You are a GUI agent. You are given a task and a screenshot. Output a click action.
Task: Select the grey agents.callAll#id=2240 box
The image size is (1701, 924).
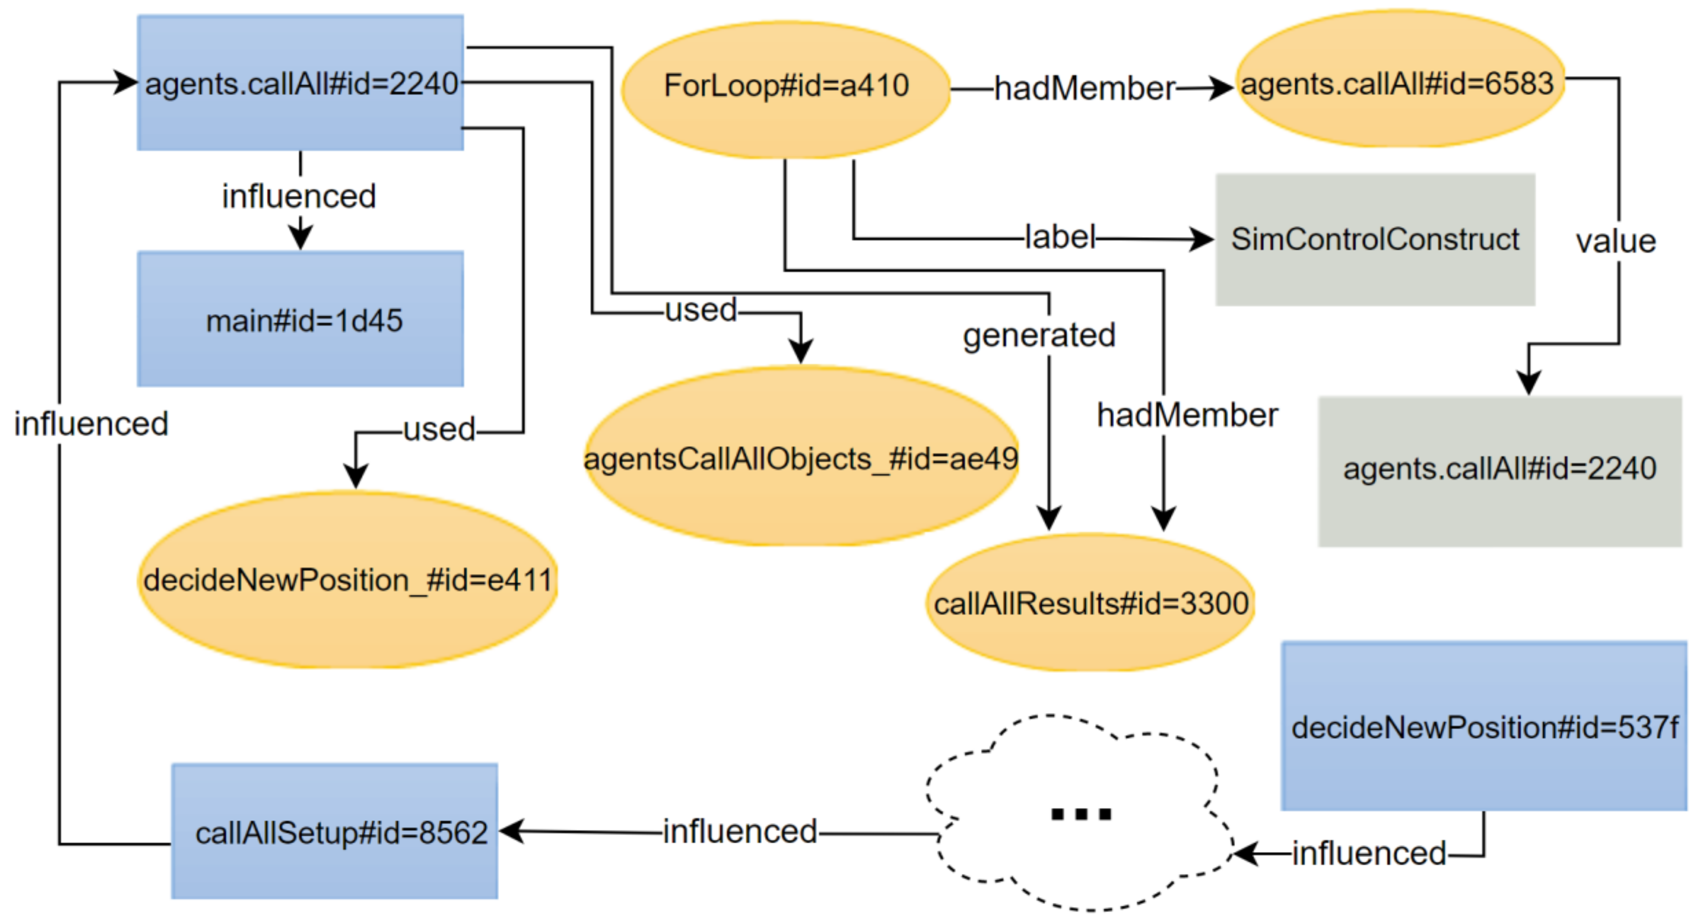(1499, 470)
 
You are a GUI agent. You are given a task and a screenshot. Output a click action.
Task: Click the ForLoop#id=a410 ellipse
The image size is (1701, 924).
(786, 89)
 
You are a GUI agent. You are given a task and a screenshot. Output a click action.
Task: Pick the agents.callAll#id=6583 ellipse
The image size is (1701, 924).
(1399, 79)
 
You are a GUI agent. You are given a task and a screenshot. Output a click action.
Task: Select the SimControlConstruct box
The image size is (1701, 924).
(1375, 239)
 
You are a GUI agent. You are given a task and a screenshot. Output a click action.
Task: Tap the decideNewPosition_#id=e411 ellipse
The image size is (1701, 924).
(347, 580)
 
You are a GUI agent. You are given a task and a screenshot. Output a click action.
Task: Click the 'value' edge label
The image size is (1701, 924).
(1615, 242)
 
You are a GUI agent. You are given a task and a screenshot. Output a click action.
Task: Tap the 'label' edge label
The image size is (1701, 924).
(1059, 236)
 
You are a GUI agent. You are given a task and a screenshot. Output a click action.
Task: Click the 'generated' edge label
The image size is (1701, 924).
(1039, 335)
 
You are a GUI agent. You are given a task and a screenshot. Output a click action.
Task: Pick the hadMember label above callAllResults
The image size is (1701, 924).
(1186, 415)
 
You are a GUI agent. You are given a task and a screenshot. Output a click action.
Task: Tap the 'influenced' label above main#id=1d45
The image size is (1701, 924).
(299, 196)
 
